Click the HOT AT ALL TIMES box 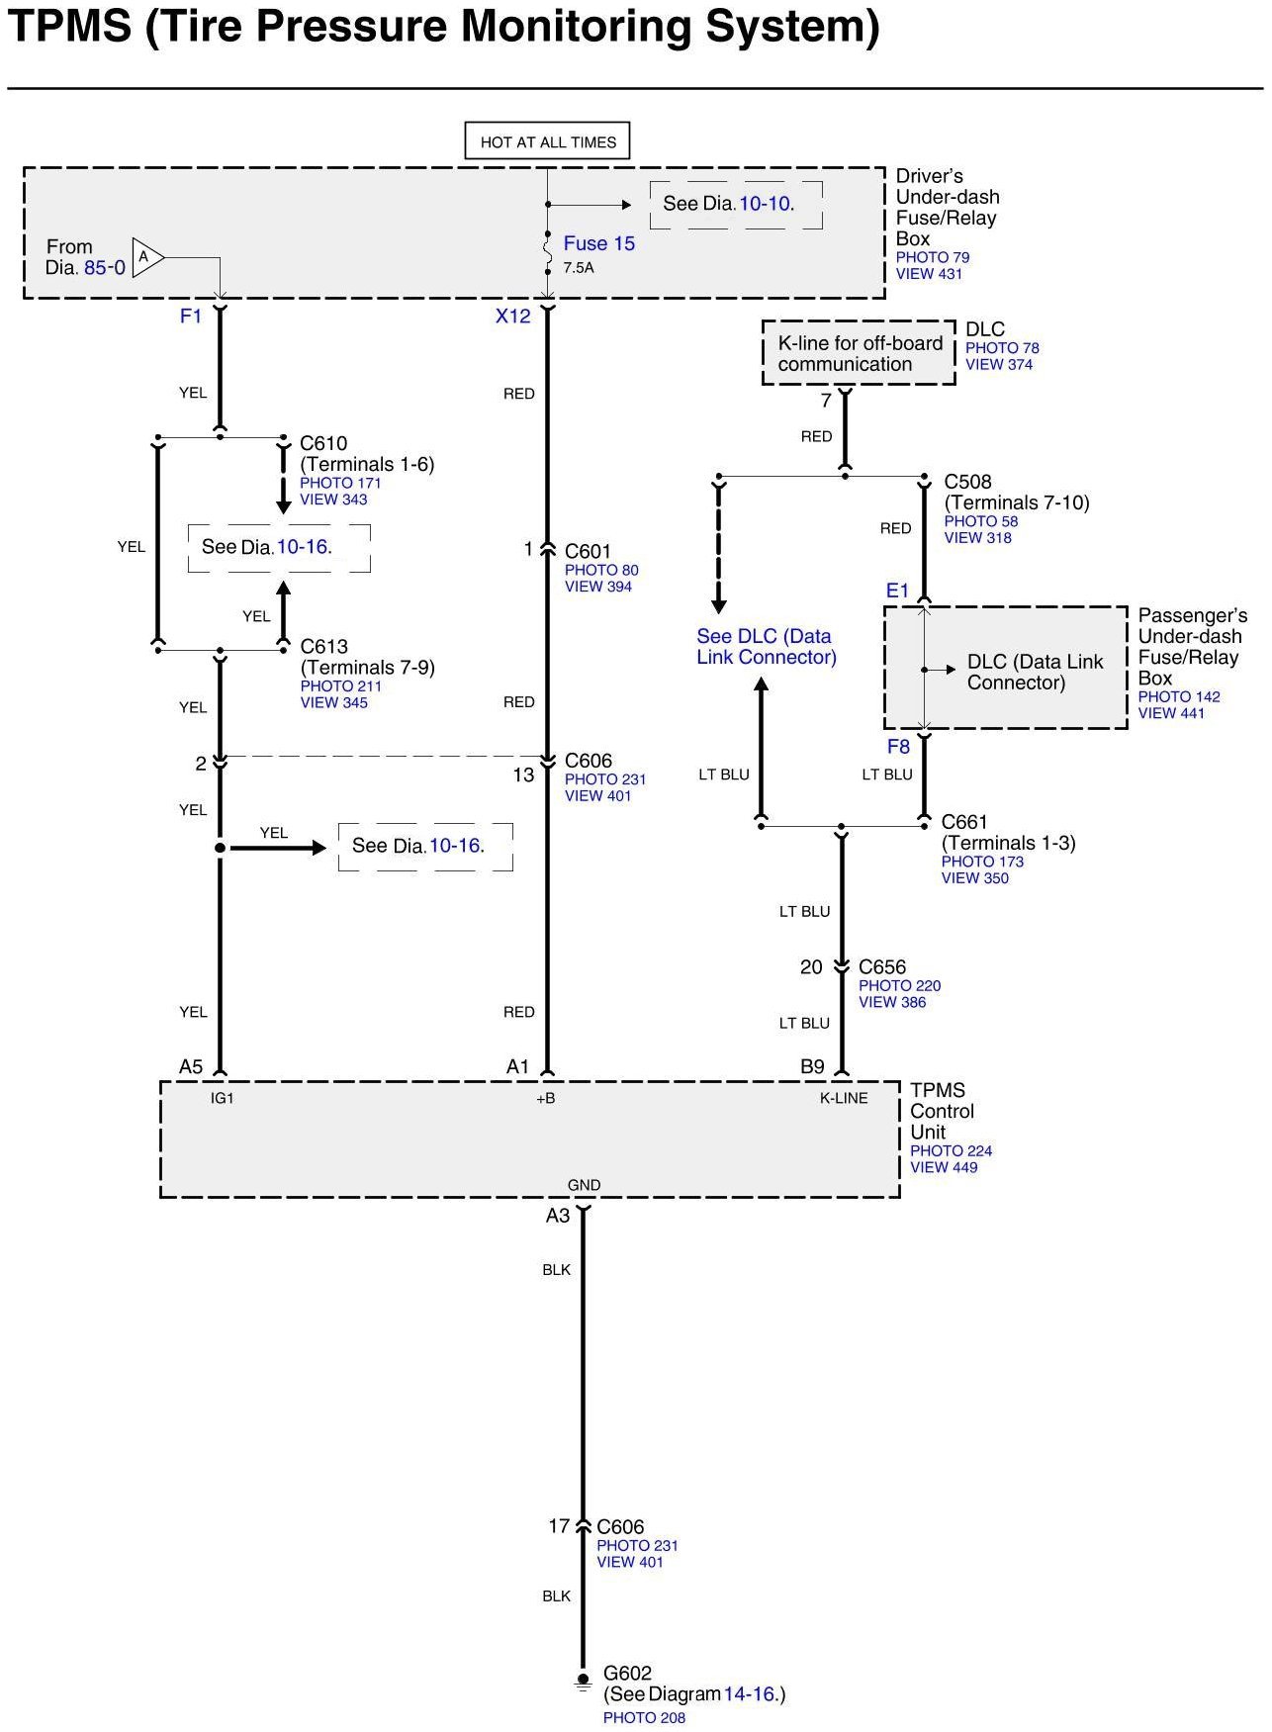(547, 141)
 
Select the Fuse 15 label (598, 243)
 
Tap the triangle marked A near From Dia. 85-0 (146, 258)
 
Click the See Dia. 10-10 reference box (735, 205)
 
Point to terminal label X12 (513, 317)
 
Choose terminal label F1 (190, 317)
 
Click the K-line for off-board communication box (859, 353)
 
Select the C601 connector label (588, 551)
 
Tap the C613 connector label (324, 647)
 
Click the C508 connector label (967, 482)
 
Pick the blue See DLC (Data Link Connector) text (766, 647)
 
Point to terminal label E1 (897, 591)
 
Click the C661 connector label (964, 822)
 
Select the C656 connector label (882, 967)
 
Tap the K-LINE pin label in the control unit (844, 1098)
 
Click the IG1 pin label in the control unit (223, 1098)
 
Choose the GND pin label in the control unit (584, 1185)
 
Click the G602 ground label (628, 1674)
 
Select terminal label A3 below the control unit (558, 1216)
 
